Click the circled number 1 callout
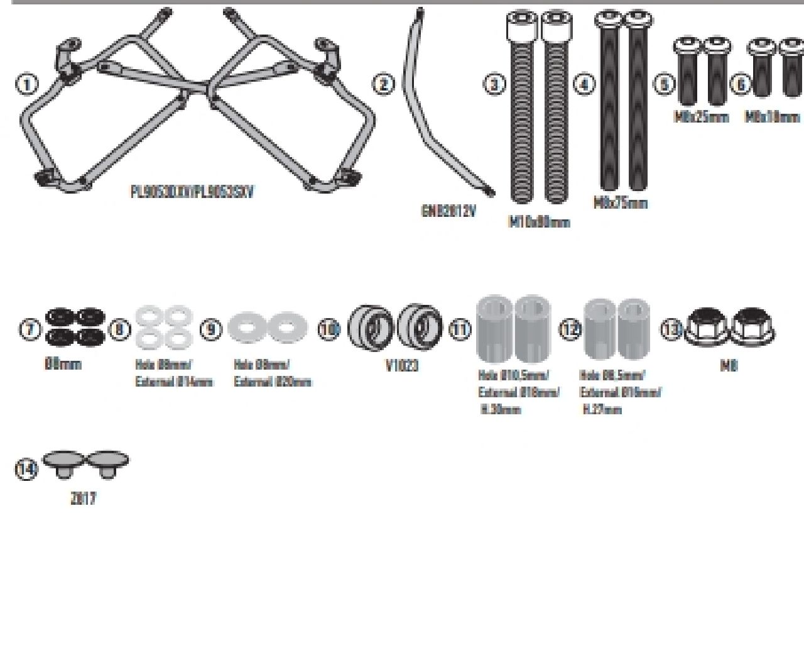click(x=26, y=84)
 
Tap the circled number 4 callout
click(x=584, y=84)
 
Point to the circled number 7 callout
click(x=30, y=328)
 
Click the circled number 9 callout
click(x=212, y=328)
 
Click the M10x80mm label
click(x=539, y=223)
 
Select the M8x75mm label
click(x=620, y=203)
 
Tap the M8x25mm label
click(x=702, y=117)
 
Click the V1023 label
click(x=402, y=366)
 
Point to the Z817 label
click(x=84, y=499)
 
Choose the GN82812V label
click(x=448, y=211)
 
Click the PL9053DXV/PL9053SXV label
click(x=192, y=192)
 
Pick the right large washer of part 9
click(x=290, y=328)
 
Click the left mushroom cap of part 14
click(x=62, y=465)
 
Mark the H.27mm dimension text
click(x=602, y=410)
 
